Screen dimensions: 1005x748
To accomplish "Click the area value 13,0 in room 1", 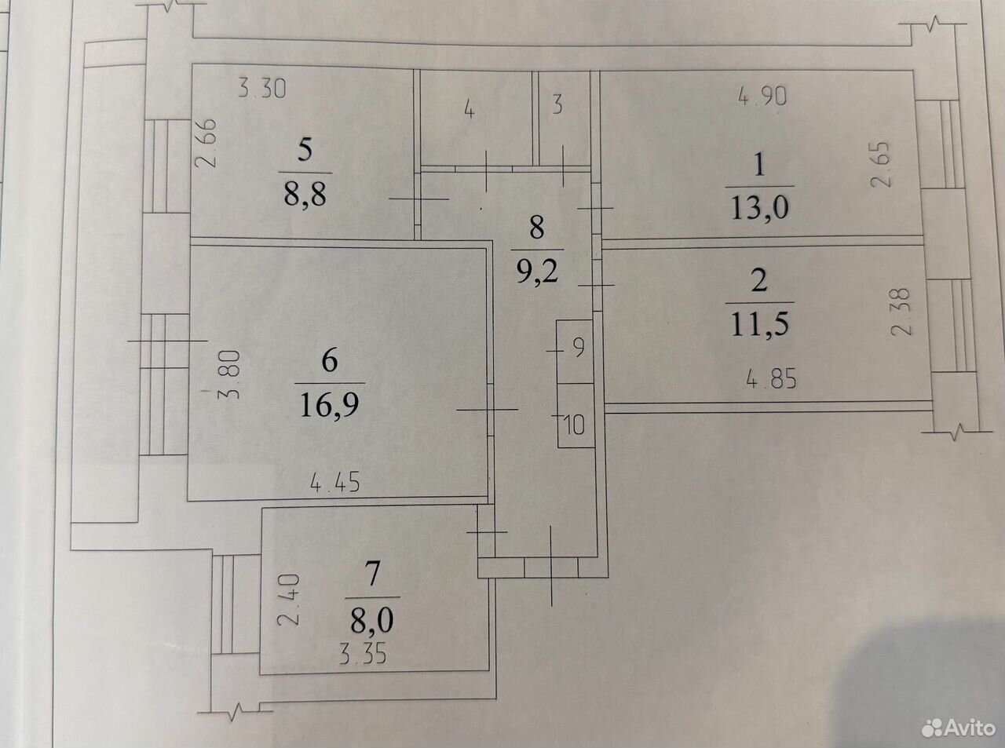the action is tap(760, 208).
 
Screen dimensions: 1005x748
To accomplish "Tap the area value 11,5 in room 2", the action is tap(760, 323).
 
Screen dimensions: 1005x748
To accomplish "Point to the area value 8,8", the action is tap(305, 195).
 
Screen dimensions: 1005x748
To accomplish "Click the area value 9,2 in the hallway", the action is tap(537, 271).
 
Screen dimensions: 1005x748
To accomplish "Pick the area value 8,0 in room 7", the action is tap(371, 621).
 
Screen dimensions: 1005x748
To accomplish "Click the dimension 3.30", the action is tap(262, 89).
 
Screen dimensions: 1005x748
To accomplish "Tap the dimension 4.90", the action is tap(762, 97).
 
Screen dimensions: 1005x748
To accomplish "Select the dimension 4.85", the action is tap(771, 379).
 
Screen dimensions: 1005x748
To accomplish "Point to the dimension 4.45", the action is tap(334, 482).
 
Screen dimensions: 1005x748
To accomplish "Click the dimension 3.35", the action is tap(363, 655).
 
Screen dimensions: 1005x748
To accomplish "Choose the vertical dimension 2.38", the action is tap(900, 312).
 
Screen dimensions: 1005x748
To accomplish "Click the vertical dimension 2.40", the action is tap(289, 600).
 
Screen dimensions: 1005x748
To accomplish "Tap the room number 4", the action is tap(470, 110).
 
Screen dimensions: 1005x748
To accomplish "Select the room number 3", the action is tap(557, 104).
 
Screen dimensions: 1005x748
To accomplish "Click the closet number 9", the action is tap(579, 348).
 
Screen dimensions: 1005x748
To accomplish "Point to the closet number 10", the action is tap(575, 425).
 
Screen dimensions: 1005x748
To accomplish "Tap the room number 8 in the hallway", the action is tap(537, 228).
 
